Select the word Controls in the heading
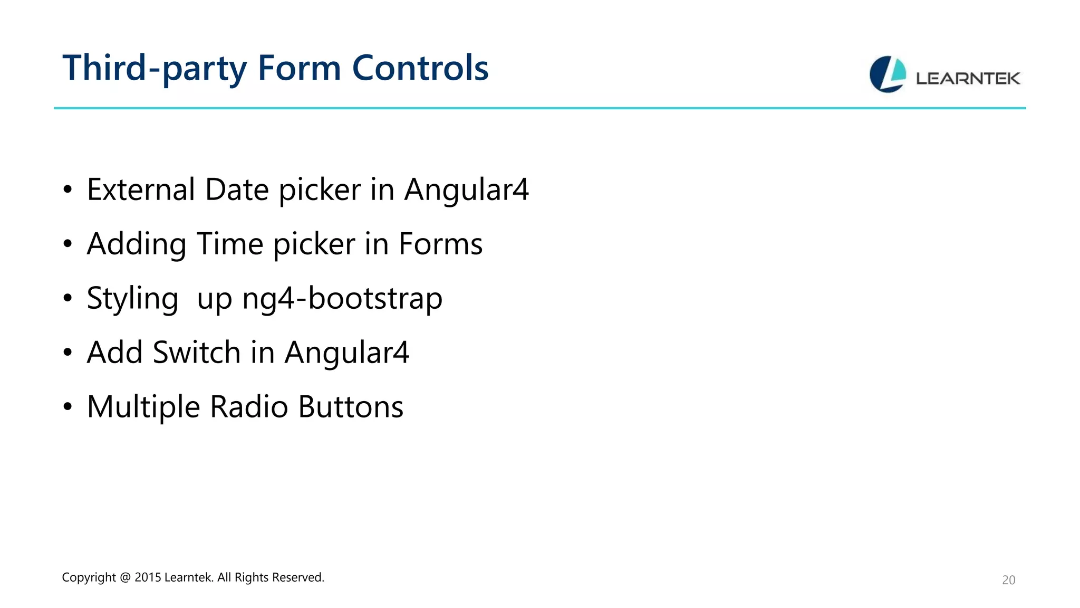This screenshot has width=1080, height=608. pyautogui.click(x=420, y=69)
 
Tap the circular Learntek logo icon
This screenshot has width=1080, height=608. pyautogui.click(x=888, y=74)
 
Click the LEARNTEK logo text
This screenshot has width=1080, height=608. pyautogui.click(x=968, y=79)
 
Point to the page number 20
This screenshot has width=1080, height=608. pyautogui.click(x=1008, y=580)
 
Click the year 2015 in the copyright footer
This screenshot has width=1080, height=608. pyautogui.click(x=148, y=577)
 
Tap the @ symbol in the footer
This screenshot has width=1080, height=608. pyautogui.click(x=125, y=577)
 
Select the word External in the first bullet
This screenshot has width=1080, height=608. pyautogui.click(x=141, y=189)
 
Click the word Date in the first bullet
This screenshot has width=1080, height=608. pyautogui.click(x=237, y=189)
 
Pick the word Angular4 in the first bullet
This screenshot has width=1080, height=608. pyautogui.click(x=466, y=189)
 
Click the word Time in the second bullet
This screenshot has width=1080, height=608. pyautogui.click(x=229, y=244)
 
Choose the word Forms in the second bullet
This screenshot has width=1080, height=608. pyautogui.click(x=440, y=244)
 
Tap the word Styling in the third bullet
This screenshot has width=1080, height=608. pyautogui.click(x=132, y=299)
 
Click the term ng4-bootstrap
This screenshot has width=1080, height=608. pyautogui.click(x=342, y=299)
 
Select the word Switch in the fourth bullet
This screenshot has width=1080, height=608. pyautogui.click(x=196, y=353)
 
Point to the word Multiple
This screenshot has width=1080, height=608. pyautogui.click(x=143, y=407)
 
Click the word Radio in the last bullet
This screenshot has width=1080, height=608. pyautogui.click(x=249, y=407)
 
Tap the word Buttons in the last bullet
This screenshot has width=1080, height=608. pyautogui.click(x=351, y=407)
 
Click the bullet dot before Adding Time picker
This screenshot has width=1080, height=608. pyautogui.click(x=67, y=244)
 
